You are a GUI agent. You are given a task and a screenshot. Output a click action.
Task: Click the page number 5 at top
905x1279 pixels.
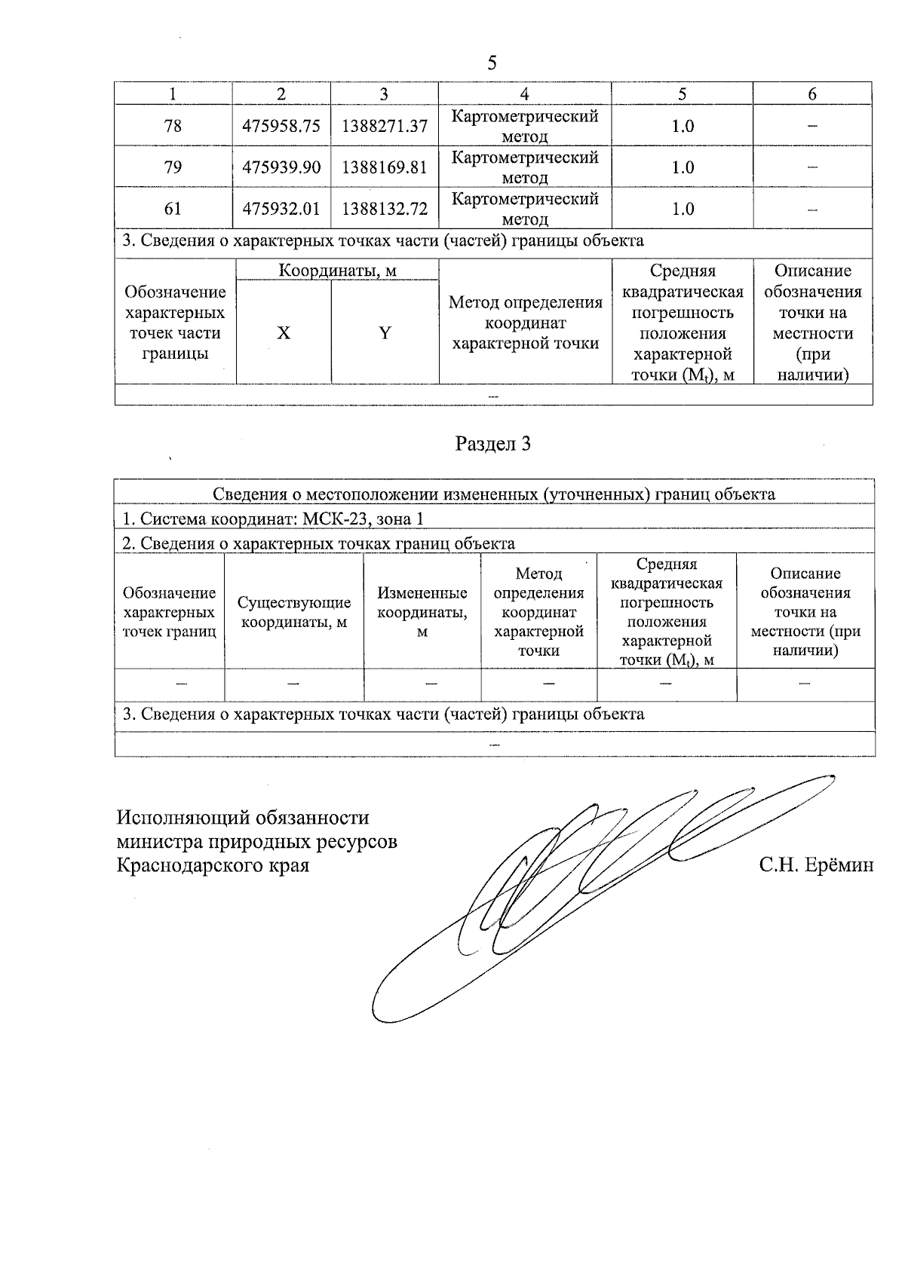pos(492,63)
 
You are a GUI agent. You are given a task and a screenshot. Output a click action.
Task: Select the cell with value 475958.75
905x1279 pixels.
pos(281,126)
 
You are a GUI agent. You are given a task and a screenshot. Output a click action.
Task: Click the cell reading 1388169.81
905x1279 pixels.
pos(385,167)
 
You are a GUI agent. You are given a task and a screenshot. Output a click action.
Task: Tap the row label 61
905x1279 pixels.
pos(173,209)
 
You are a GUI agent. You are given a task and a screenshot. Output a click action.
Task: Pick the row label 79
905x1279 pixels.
pos(173,167)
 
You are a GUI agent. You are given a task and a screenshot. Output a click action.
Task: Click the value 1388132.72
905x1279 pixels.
pos(385,209)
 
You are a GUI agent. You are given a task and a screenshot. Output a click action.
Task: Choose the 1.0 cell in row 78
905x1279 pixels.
pos(683,126)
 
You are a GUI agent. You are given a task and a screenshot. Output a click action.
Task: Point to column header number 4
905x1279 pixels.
pos(524,93)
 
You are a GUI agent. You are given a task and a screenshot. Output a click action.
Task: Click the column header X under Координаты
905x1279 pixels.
pos(283,333)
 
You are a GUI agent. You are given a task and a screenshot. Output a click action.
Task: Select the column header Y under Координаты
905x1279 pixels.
pos(385,333)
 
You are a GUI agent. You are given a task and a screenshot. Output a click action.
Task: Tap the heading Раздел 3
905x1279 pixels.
pos(493,444)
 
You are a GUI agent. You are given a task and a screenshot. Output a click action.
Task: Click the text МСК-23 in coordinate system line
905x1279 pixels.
pos(332,519)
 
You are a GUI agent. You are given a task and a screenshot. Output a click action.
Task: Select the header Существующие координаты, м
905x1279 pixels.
pos(294,612)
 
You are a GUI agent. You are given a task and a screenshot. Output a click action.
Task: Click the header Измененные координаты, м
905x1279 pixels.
pos(422,612)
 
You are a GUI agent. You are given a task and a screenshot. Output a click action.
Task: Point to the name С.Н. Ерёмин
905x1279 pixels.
pos(816,865)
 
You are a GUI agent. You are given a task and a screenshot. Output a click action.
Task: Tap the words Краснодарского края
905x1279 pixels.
pos(213,865)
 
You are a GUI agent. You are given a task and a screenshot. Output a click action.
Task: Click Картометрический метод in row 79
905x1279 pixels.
pos(524,167)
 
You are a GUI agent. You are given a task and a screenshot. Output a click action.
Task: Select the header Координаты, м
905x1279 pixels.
pos(337,271)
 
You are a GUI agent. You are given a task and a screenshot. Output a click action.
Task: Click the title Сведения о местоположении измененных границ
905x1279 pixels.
pos(493,494)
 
